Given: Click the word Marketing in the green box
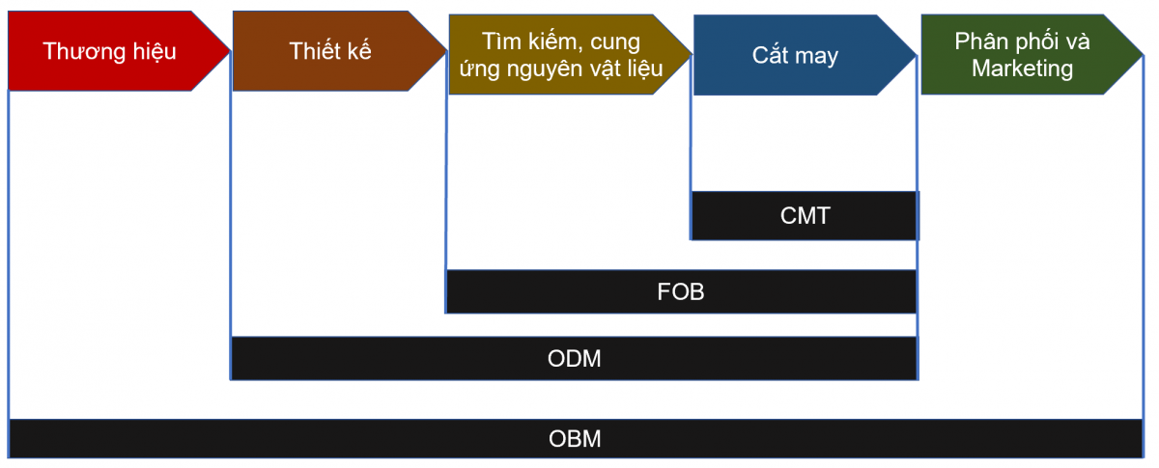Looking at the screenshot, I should tap(1022, 69).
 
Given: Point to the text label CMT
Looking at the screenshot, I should tap(805, 215).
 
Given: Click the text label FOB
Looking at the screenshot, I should tap(681, 291).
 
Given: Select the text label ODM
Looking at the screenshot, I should tap(574, 358).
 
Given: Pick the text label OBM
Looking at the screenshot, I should tap(575, 439).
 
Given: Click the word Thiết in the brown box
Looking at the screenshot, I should tap(312, 51).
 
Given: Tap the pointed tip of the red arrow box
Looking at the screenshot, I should tap(230, 50).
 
